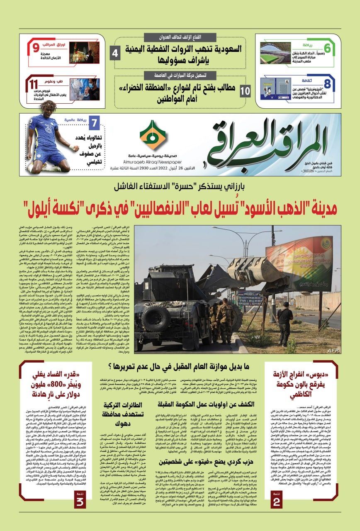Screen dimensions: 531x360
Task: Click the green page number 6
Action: click(339, 49)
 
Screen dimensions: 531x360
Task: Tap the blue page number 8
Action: click(327, 83)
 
